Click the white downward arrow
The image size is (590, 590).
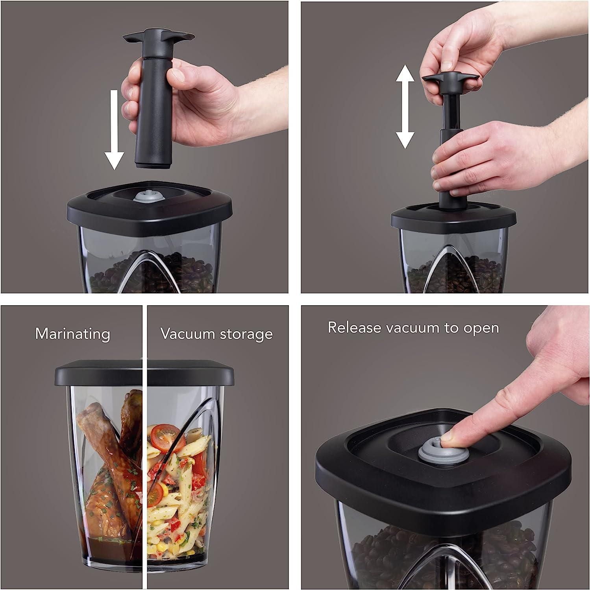tap(114, 130)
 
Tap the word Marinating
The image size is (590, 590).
tap(73, 334)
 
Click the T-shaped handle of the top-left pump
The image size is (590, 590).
tap(158, 37)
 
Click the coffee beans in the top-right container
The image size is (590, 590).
tap(464, 275)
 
